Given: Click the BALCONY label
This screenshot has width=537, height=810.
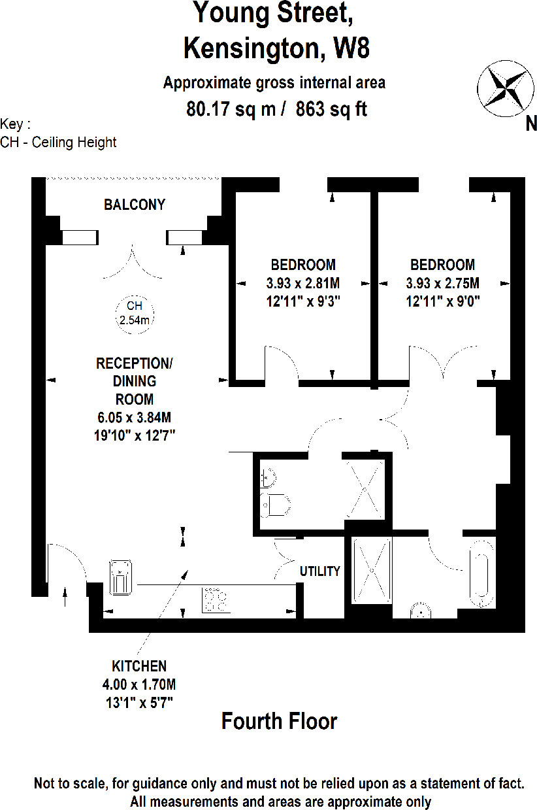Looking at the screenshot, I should point(135,205).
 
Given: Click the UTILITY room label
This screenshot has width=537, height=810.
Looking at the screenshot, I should point(320,571).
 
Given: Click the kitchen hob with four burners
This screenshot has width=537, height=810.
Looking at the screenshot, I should point(217,599).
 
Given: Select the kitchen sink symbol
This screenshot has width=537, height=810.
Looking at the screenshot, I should point(121,576).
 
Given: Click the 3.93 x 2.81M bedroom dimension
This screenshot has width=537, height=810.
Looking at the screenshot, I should point(303,284).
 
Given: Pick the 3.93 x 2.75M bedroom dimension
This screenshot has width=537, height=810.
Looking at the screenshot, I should point(442,284).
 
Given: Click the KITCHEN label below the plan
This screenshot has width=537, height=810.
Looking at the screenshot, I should point(139,666).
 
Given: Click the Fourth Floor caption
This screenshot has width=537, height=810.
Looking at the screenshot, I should point(279,721).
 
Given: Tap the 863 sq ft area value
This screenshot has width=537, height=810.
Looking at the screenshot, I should point(331,109).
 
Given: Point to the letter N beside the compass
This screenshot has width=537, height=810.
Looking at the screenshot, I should point(530,123).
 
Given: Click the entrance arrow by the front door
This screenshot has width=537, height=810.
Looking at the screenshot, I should point(64,597).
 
